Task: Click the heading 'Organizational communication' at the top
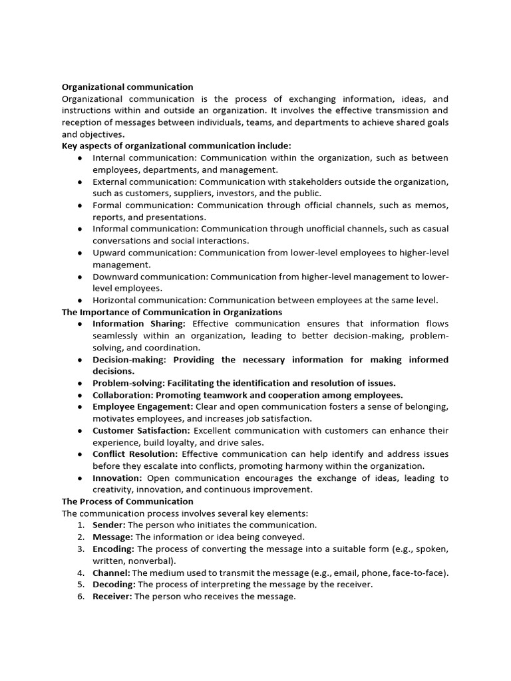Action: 127,86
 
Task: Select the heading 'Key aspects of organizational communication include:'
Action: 176,146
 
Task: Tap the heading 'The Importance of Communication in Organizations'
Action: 172,312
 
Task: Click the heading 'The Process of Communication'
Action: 127,501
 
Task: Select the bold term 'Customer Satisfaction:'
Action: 142,431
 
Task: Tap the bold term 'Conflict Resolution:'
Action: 135,454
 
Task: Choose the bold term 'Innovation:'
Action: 117,478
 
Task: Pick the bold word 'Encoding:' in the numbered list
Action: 113,549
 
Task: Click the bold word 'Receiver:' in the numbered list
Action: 112,597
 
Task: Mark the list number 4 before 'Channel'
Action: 80,573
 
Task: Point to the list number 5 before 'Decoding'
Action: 80,585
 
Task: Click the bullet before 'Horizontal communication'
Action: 80,301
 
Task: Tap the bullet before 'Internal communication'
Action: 80,158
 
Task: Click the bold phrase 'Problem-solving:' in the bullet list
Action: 128,383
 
